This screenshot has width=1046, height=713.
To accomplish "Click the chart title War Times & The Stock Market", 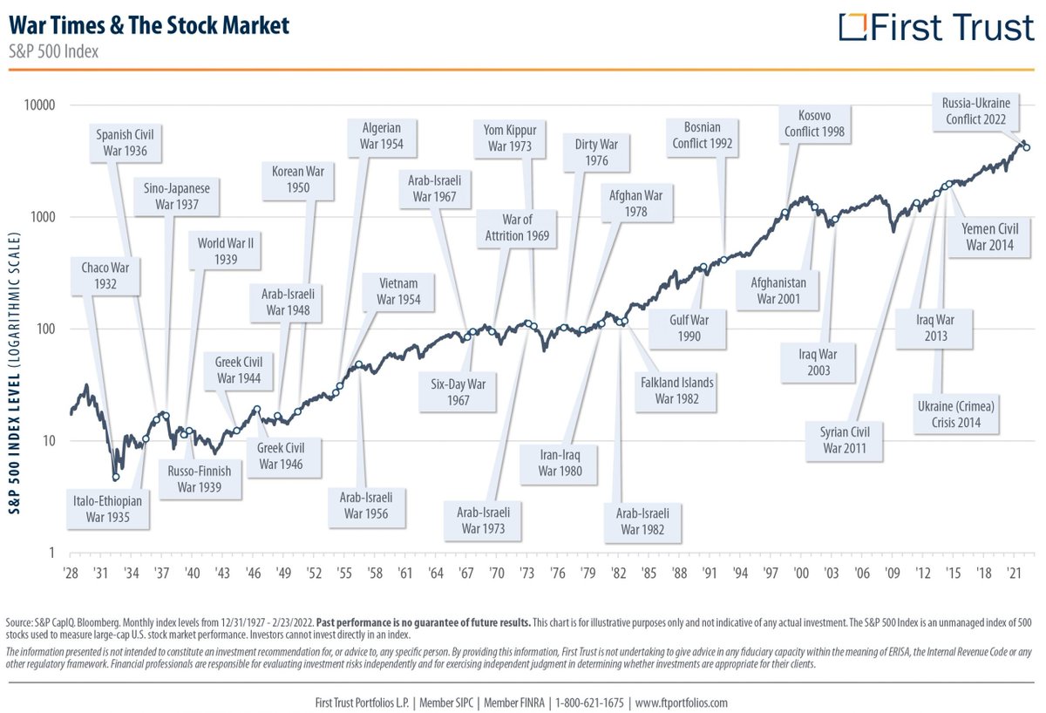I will tap(149, 24).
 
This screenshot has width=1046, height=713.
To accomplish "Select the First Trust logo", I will tap(936, 27).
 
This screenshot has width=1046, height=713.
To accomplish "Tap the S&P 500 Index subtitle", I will tap(54, 51).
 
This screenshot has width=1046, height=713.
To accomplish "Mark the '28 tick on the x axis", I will tap(71, 574).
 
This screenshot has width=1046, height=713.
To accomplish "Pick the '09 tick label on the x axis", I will tap(892, 574).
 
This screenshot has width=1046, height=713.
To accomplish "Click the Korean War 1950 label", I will tap(298, 180).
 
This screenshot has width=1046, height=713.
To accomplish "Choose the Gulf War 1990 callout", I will tap(689, 329).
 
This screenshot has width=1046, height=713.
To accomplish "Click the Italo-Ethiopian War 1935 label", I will tap(108, 508).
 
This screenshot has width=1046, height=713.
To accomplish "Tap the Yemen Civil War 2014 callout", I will tap(989, 237).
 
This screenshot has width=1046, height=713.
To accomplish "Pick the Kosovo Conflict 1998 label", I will tap(814, 124).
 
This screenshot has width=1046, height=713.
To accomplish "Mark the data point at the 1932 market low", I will tap(115, 477).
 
